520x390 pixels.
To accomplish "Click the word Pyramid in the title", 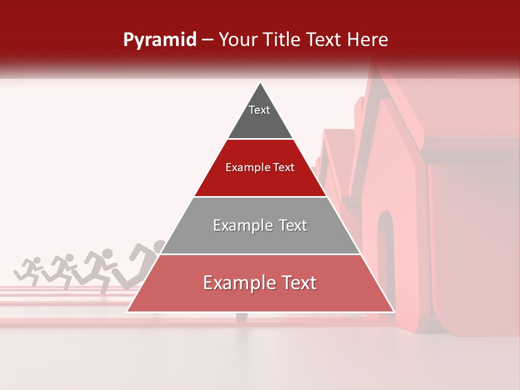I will pyautogui.click(x=159, y=40).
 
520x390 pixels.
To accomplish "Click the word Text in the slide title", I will pyautogui.click(x=326, y=40).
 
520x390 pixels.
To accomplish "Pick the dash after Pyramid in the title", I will pyautogui.click(x=207, y=40).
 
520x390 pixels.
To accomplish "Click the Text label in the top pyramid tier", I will pyautogui.click(x=259, y=110).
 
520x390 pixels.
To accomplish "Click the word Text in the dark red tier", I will pyautogui.click(x=284, y=168).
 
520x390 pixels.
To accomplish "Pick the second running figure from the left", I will pyautogui.click(x=63, y=268).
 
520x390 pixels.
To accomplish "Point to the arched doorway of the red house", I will pyautogui.click(x=386, y=255).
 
